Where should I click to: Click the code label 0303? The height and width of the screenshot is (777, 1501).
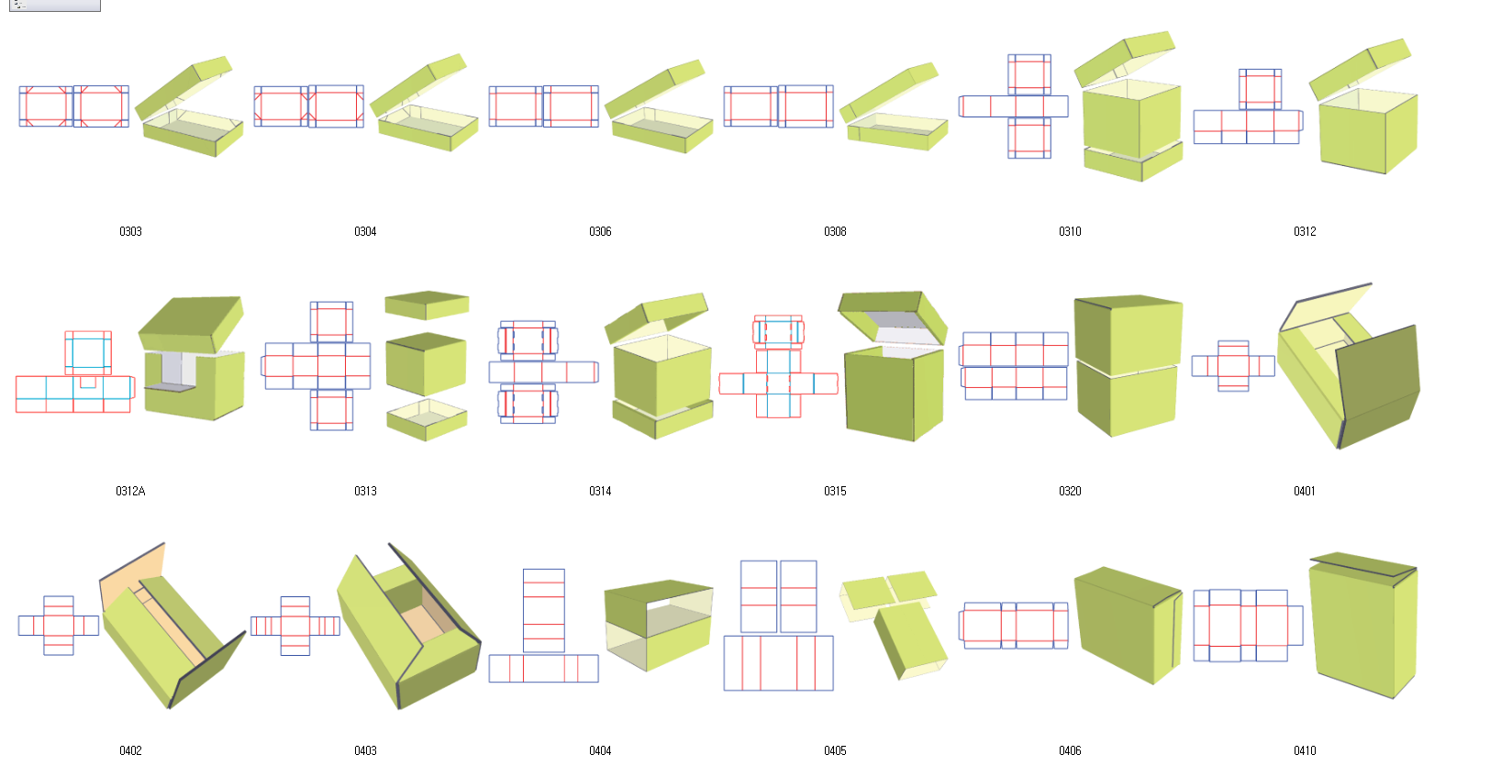tap(130, 232)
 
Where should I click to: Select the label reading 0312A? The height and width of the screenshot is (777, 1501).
tap(130, 491)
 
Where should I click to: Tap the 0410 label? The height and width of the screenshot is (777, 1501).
tap(1305, 751)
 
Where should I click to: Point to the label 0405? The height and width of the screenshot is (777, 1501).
tap(835, 751)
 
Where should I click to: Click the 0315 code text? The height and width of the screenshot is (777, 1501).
tap(835, 491)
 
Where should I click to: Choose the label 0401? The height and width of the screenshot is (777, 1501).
tap(1305, 491)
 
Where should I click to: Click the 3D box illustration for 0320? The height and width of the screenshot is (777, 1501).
tap(1129, 366)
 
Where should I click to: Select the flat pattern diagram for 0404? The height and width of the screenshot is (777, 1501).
tap(543, 626)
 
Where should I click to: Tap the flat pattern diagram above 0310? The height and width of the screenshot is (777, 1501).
tap(1014, 106)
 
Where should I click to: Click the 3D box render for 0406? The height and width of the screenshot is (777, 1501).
tap(1129, 626)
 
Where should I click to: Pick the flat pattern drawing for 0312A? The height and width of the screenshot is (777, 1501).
tap(75, 372)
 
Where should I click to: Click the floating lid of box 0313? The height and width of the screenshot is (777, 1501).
tap(427, 305)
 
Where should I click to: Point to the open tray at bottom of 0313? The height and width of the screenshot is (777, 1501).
tap(427, 420)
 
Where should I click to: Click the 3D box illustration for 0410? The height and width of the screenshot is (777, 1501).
tap(1363, 626)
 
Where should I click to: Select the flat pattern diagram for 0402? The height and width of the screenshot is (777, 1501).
tap(59, 626)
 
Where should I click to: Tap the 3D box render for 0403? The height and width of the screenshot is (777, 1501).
tap(409, 626)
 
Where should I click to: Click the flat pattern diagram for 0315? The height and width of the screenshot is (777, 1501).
tap(778, 367)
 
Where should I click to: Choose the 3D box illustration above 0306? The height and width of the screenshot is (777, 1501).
tap(659, 107)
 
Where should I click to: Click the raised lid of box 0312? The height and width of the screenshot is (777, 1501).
tap(1361, 70)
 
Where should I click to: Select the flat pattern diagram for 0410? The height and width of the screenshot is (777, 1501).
tap(1249, 626)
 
